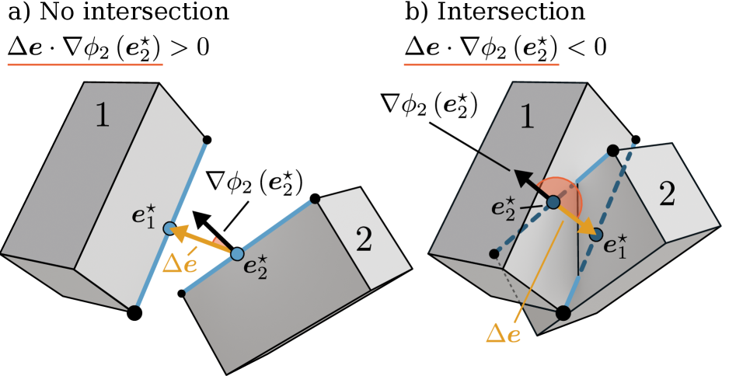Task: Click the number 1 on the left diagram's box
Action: [x=102, y=115]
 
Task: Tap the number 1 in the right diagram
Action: [x=527, y=117]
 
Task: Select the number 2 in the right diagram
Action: [x=666, y=194]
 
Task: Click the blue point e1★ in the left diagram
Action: [x=169, y=228]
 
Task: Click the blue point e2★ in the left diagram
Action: [x=237, y=254]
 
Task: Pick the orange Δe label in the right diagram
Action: [x=503, y=334]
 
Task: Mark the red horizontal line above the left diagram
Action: [x=85, y=64]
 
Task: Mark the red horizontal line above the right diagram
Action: [x=481, y=64]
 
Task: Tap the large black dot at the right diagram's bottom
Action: [x=563, y=313]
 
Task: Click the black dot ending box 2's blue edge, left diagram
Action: [x=315, y=200]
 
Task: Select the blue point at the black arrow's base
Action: [x=553, y=203]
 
